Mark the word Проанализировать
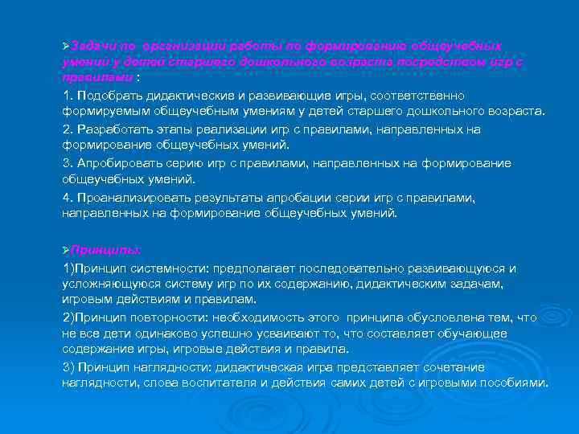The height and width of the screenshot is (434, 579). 129,198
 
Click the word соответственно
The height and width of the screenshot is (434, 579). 420,96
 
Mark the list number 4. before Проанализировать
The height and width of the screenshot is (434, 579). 68,198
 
